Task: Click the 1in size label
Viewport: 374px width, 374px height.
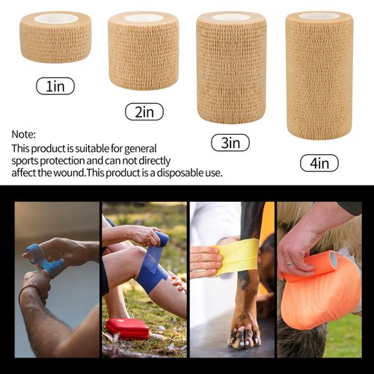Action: (x=55, y=87)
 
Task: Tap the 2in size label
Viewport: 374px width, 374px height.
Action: (x=144, y=112)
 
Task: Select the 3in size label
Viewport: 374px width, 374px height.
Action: (x=230, y=142)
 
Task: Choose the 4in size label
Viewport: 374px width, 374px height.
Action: (x=319, y=162)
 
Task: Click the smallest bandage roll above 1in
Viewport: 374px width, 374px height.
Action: (x=55, y=37)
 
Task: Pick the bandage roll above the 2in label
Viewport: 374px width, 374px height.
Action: (x=143, y=51)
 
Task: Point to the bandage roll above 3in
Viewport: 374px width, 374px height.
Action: (x=231, y=67)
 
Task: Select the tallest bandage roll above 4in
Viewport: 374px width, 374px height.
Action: (x=319, y=75)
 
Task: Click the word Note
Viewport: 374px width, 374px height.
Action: (x=23, y=134)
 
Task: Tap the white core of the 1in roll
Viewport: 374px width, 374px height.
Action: (x=55, y=18)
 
